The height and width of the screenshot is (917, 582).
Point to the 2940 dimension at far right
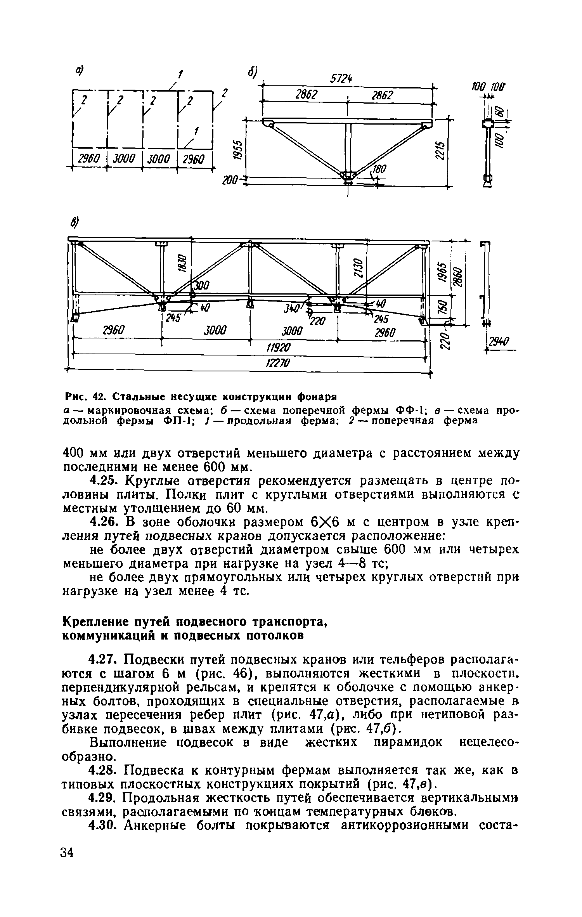498,342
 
